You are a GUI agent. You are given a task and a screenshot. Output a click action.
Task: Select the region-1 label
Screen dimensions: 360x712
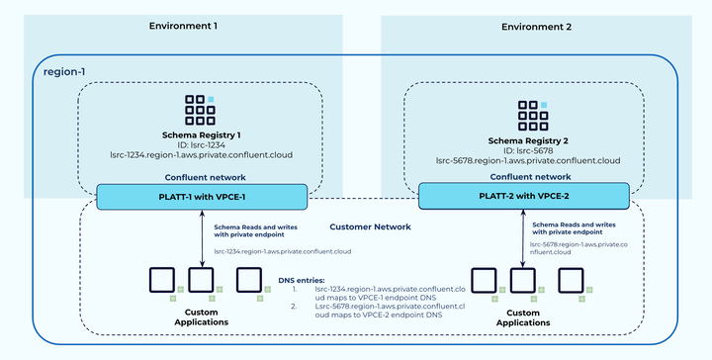coord(66,72)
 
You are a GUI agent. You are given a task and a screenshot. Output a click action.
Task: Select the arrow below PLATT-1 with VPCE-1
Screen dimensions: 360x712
coord(203,237)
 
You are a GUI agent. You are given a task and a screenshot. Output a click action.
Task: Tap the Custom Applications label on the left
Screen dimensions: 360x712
coord(202,317)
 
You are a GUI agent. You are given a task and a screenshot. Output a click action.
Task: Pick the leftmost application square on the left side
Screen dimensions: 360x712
coord(160,280)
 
